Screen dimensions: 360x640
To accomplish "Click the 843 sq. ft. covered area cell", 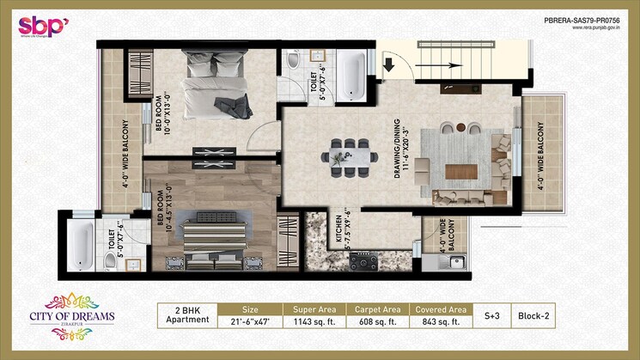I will point(440,321).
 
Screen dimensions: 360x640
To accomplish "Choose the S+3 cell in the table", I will point(491,315).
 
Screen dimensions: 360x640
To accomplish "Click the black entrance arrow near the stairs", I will point(388,64).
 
